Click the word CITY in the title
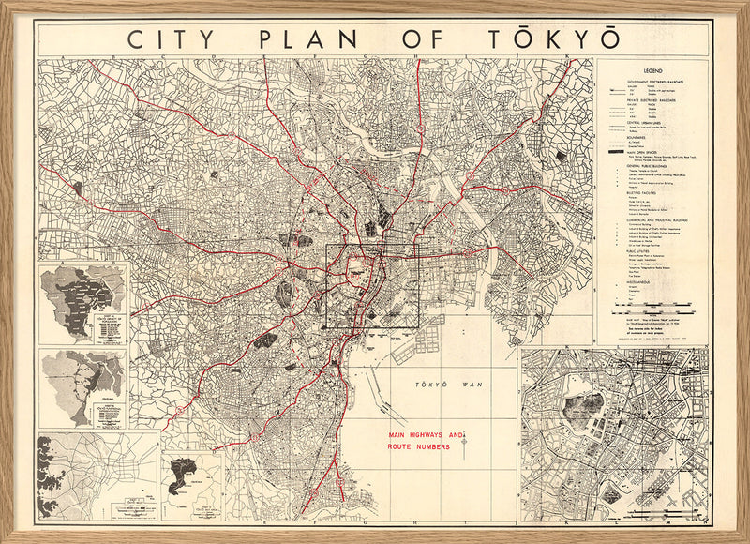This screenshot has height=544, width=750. pyautogui.click(x=167, y=40)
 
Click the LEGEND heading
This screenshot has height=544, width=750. pyautogui.click(x=654, y=71)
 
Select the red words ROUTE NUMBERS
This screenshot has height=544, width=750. pyautogui.click(x=418, y=448)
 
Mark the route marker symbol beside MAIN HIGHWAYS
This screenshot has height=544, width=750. pyautogui.click(x=463, y=441)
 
